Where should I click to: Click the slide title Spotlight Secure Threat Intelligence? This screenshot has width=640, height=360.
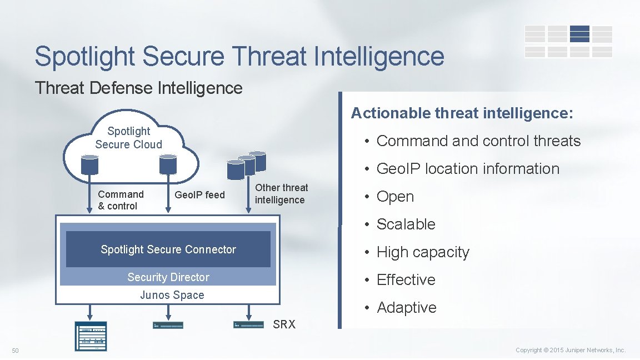[239, 57]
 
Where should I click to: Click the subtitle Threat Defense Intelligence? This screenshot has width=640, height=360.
[139, 88]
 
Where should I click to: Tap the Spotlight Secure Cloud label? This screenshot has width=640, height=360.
[128, 138]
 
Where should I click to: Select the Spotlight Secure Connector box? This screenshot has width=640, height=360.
[168, 249]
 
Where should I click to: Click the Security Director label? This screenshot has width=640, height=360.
[168, 277]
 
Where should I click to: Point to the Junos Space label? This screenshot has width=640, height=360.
[172, 295]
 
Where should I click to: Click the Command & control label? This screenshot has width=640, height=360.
[121, 200]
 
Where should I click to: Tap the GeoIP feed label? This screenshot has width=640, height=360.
[199, 194]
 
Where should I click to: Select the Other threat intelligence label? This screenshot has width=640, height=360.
[281, 194]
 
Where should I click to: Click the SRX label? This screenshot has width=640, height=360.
[284, 324]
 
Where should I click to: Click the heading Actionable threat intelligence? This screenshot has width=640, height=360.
[462, 113]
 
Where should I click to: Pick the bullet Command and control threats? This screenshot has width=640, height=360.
[478, 141]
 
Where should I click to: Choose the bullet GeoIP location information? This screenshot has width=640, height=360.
[468, 169]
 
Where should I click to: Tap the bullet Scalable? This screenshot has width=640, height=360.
[406, 224]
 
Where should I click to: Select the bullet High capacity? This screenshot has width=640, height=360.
[423, 252]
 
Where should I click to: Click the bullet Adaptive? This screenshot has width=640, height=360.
[406, 308]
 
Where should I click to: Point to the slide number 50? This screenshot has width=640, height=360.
[15, 350]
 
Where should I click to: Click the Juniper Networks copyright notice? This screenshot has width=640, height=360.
[571, 350]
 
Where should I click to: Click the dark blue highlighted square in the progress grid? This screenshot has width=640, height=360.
[579, 34]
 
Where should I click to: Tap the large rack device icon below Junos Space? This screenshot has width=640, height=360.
[91, 336]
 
